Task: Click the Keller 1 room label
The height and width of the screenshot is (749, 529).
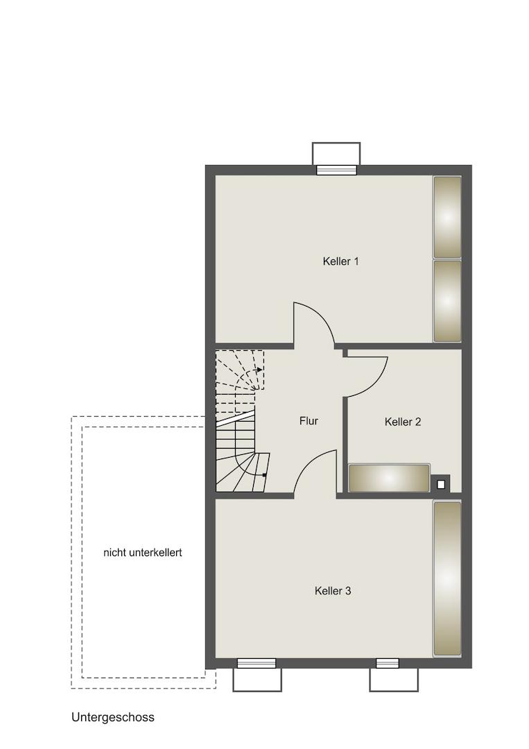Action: (340, 261)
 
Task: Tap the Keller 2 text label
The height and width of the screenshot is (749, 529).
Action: (403, 422)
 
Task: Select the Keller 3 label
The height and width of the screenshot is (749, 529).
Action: (333, 591)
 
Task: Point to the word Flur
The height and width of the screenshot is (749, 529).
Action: (309, 421)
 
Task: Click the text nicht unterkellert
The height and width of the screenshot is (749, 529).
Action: (143, 553)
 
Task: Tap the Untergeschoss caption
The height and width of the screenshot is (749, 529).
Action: (113, 717)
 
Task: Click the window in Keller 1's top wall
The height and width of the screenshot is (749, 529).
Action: (336, 170)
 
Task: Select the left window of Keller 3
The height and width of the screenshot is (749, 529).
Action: (257, 663)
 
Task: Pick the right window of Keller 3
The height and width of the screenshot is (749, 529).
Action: (387, 663)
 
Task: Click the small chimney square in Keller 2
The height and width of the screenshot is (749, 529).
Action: (441, 484)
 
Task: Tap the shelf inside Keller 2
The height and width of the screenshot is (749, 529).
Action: (389, 478)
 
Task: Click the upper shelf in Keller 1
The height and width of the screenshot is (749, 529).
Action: (447, 217)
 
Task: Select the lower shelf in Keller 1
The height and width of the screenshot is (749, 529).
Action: (447, 301)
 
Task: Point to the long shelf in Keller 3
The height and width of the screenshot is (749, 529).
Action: (447, 578)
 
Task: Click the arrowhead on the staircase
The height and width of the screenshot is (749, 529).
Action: (259, 369)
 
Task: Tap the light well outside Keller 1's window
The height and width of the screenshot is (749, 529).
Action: (336, 154)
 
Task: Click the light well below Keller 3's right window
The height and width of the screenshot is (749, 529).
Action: (394, 680)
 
